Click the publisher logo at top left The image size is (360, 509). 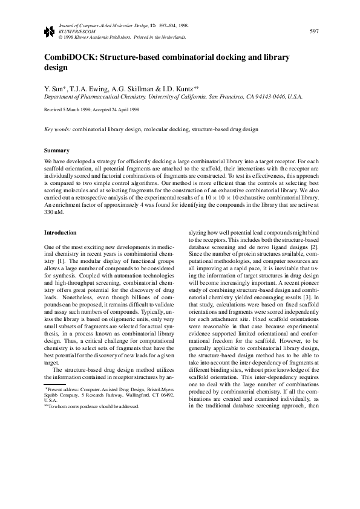coord(49,31)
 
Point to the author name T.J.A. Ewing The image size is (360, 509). coord(88,88)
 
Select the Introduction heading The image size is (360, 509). coord(61,233)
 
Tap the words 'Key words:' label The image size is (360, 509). coord(58,129)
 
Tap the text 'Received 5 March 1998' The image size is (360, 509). coord(69,111)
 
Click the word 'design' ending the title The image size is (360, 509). coord(57,69)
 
